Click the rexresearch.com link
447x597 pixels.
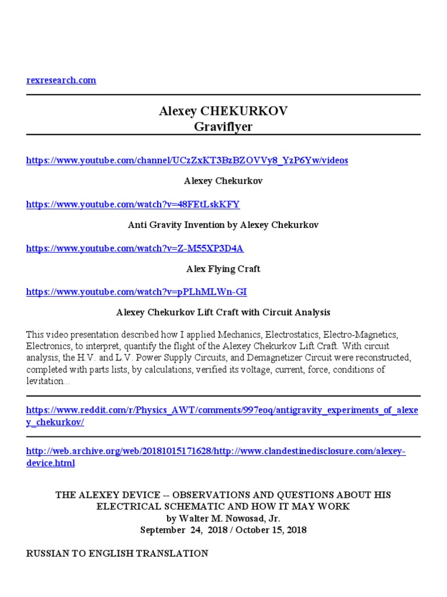pos(61,80)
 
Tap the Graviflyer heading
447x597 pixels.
pos(223,127)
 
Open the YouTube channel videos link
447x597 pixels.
pos(187,160)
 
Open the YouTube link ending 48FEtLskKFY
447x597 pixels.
pos(133,204)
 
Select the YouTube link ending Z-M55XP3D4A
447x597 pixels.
pos(135,248)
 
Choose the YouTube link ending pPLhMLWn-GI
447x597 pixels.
pos(140,292)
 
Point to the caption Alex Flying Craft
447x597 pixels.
pos(223,269)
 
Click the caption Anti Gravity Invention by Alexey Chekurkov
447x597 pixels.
pos(223,225)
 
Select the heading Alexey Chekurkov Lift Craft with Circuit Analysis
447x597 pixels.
pos(223,312)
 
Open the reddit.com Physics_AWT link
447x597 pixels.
pos(222,410)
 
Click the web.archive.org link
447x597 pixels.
pos(215,452)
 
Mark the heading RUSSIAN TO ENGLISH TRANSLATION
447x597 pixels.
pos(117,553)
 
